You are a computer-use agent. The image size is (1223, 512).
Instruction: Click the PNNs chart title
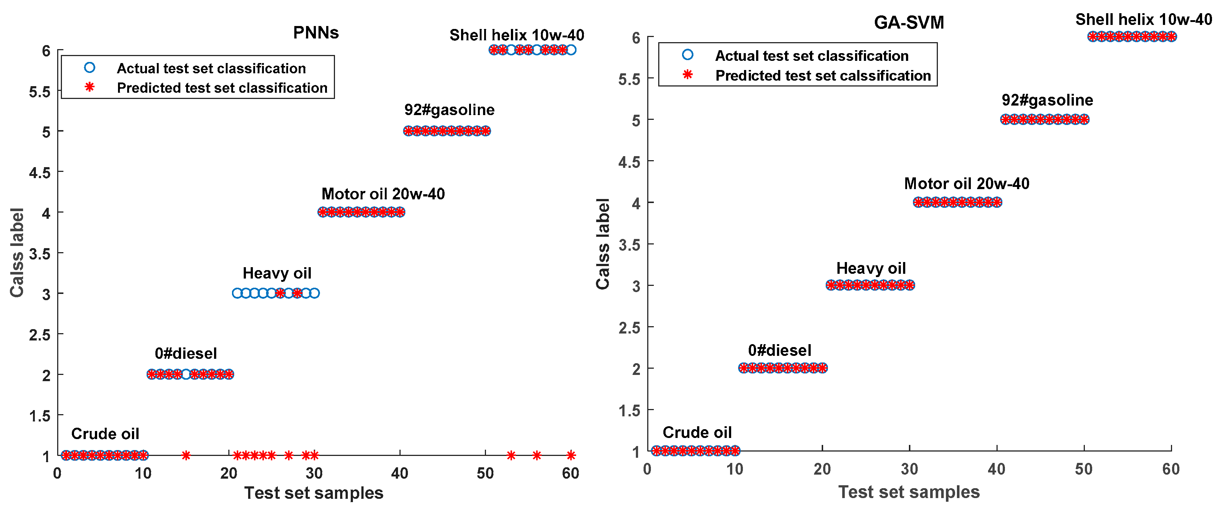click(316, 33)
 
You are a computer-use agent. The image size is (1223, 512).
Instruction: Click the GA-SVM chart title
click(909, 23)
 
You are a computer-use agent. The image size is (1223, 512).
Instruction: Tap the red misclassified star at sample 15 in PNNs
click(186, 456)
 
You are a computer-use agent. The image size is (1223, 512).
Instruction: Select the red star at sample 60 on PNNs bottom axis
click(571, 456)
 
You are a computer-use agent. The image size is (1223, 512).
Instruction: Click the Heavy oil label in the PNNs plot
click(277, 273)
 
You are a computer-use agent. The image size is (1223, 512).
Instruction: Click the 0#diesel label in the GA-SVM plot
click(780, 350)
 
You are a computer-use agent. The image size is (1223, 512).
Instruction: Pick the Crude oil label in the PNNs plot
click(105, 434)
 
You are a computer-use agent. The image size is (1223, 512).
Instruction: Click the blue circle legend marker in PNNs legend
click(89, 68)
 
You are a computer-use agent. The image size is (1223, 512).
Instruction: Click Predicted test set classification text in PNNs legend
click(222, 88)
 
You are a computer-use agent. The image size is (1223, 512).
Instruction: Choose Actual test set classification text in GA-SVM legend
click(811, 56)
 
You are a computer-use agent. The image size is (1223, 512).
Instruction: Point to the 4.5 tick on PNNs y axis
click(40, 172)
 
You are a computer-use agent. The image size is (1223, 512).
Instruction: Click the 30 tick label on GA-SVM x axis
click(909, 469)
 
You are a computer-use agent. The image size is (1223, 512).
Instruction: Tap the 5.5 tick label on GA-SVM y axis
click(629, 79)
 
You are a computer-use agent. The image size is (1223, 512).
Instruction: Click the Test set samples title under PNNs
click(314, 493)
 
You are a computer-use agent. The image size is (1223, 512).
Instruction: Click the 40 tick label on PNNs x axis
click(400, 473)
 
